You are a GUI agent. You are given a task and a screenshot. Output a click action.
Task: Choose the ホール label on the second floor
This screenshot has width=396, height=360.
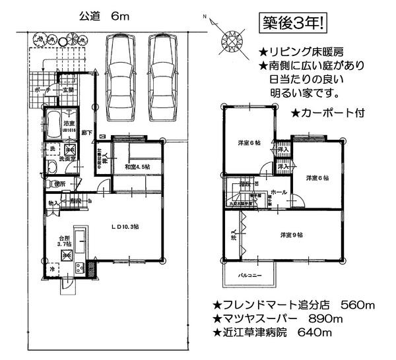tap(279, 192)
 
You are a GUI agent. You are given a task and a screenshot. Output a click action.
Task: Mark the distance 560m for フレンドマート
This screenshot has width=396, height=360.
tap(358, 305)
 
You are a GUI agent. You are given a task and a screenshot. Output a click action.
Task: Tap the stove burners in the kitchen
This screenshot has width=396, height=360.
tap(80, 268)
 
